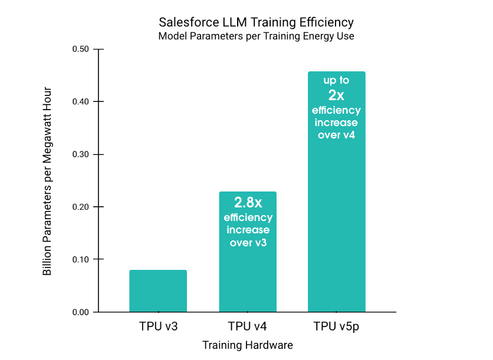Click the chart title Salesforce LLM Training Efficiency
(256, 22)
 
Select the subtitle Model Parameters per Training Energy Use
(256, 37)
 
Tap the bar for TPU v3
(158, 291)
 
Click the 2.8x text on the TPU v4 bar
(248, 203)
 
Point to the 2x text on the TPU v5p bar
(336, 95)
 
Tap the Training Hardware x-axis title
(248, 345)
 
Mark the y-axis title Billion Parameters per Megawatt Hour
(48, 181)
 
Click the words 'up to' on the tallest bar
(336, 80)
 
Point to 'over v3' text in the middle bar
(248, 242)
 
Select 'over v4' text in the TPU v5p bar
(336, 135)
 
